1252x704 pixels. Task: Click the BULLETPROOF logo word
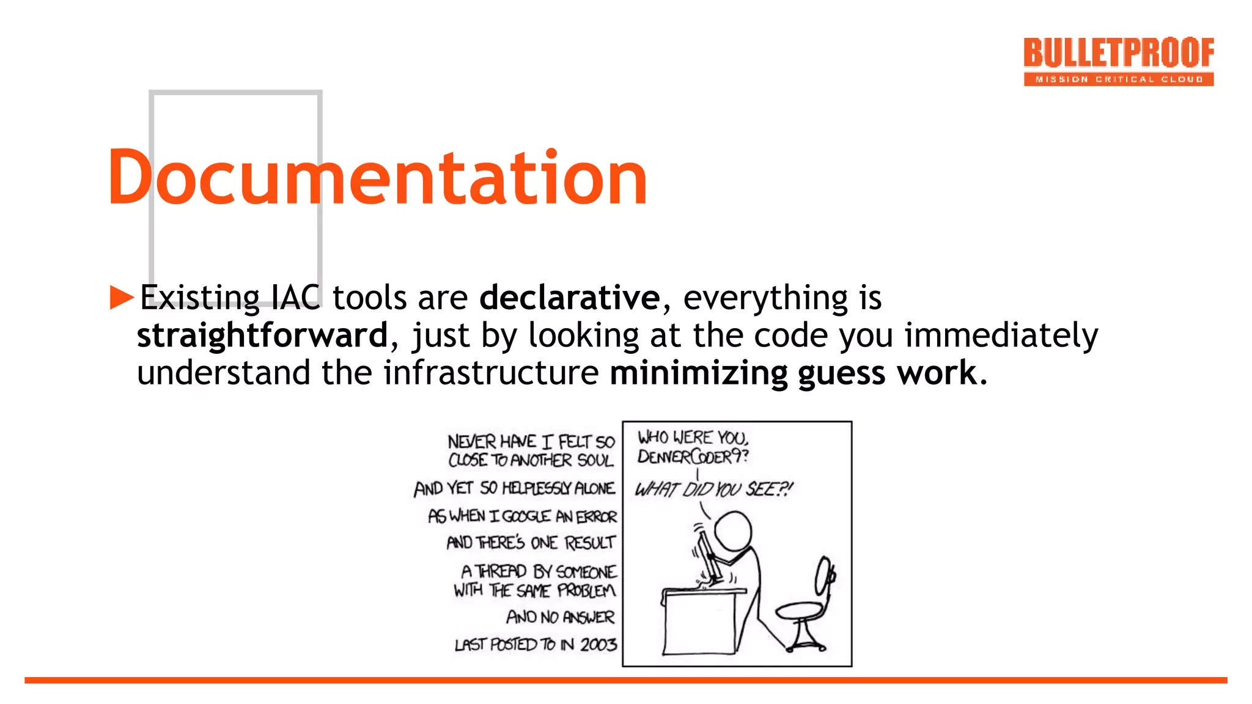1118,53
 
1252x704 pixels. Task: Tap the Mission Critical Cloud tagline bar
1118,79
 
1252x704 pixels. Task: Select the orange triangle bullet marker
122,298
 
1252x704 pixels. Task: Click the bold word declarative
569,298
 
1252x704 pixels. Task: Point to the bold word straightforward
262,335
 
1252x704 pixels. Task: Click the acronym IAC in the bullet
296,298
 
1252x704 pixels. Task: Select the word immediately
1001,335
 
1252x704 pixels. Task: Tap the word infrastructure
491,373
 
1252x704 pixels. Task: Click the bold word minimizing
699,373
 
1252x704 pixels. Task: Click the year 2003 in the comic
598,645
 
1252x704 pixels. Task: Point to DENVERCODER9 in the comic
691,457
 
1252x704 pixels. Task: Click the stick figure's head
732,530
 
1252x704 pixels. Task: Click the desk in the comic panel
700,620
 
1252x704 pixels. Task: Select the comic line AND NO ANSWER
560,617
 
